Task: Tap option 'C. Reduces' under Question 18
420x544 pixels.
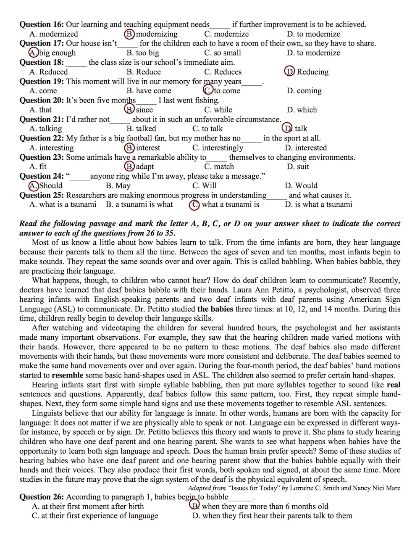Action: [x=223, y=72]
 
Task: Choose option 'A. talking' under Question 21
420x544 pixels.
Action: [x=45, y=129]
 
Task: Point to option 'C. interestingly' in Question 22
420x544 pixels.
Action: [x=218, y=148]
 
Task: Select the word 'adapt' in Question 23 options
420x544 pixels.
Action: [x=145, y=166]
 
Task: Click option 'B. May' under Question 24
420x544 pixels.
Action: [x=118, y=185]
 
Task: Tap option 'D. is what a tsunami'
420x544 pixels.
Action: [x=318, y=205]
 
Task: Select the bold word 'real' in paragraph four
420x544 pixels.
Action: [x=394, y=385]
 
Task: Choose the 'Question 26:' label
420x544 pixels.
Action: [x=42, y=497]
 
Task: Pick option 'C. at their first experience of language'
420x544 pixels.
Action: [x=95, y=516]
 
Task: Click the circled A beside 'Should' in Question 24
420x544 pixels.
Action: [x=34, y=185]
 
